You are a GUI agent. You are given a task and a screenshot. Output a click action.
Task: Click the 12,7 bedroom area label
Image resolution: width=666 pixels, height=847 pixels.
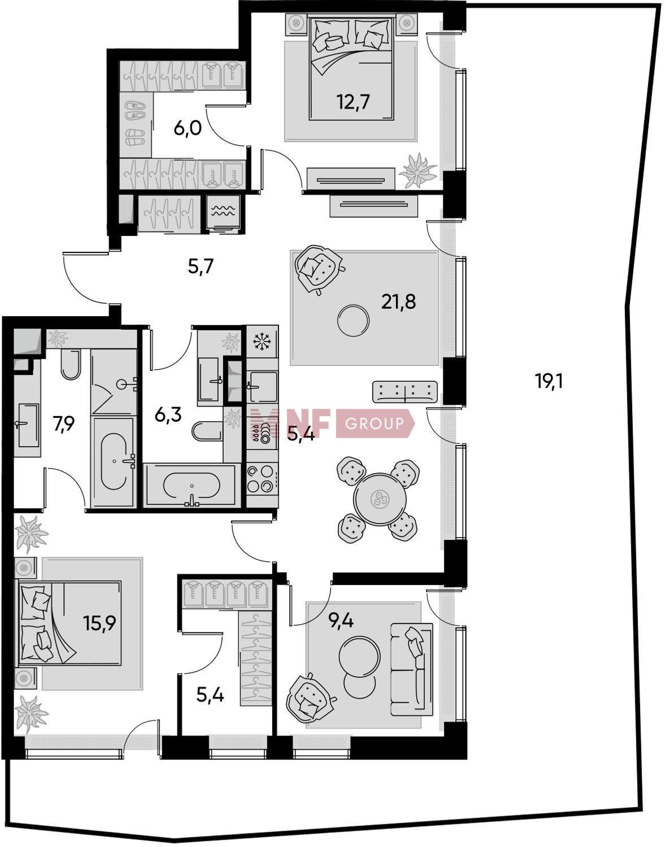(353, 103)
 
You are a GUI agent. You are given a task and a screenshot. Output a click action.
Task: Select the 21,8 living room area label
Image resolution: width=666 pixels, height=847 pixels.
(398, 302)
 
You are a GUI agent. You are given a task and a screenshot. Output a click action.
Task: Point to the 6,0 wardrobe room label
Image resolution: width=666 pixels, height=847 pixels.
(188, 128)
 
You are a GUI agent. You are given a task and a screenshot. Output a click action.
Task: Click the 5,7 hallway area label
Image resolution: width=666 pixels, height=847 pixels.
(201, 267)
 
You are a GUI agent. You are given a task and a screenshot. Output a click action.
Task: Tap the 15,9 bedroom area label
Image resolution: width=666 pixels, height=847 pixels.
(99, 623)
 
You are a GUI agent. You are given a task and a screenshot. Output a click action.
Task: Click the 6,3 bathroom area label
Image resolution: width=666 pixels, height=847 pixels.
(168, 414)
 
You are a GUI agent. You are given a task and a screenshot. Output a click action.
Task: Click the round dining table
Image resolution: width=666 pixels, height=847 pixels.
(380, 499)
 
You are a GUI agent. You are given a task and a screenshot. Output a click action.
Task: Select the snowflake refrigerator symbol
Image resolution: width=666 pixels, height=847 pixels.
(262, 342)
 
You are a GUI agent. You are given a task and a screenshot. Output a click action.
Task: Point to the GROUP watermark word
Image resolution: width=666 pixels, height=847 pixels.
(375, 423)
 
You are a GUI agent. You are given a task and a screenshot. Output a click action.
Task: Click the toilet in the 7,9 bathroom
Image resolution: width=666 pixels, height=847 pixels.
(71, 364)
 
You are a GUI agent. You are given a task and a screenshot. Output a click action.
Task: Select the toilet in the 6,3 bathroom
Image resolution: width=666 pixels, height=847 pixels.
(207, 430)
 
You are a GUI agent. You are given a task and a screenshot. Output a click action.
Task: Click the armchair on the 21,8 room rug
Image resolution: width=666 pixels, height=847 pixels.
(319, 269)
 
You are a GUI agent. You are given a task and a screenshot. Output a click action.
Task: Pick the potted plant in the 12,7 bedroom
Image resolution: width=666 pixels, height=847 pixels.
(419, 171)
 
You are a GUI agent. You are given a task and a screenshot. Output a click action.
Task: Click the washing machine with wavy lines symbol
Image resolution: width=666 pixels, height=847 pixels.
(224, 214)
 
